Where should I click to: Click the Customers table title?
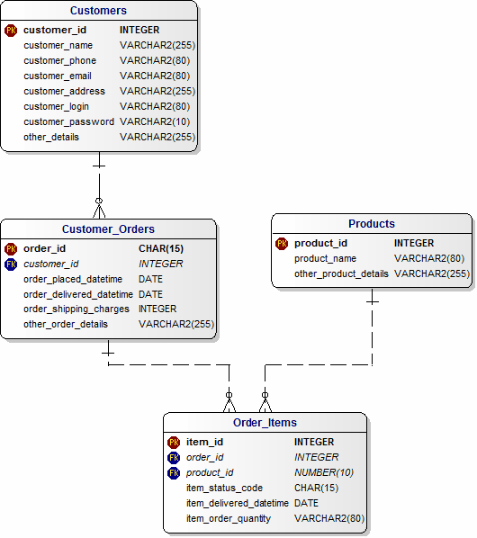98,11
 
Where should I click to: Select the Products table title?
372,224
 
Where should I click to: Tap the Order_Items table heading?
265,422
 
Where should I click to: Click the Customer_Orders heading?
108,229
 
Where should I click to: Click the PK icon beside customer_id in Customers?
11,31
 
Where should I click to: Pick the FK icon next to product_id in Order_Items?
174,473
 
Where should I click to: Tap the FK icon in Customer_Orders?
11,264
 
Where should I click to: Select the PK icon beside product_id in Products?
282,244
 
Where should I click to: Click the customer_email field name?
58,76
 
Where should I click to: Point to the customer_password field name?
68,121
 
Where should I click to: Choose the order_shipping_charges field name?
76,309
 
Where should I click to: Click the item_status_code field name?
224,488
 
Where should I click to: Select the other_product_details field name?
341,273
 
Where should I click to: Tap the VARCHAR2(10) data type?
155,121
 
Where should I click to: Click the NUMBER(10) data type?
324,473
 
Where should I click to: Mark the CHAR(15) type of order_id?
161,248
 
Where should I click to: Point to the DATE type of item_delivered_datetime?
306,503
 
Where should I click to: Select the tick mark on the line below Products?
373,302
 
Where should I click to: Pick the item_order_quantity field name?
229,518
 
